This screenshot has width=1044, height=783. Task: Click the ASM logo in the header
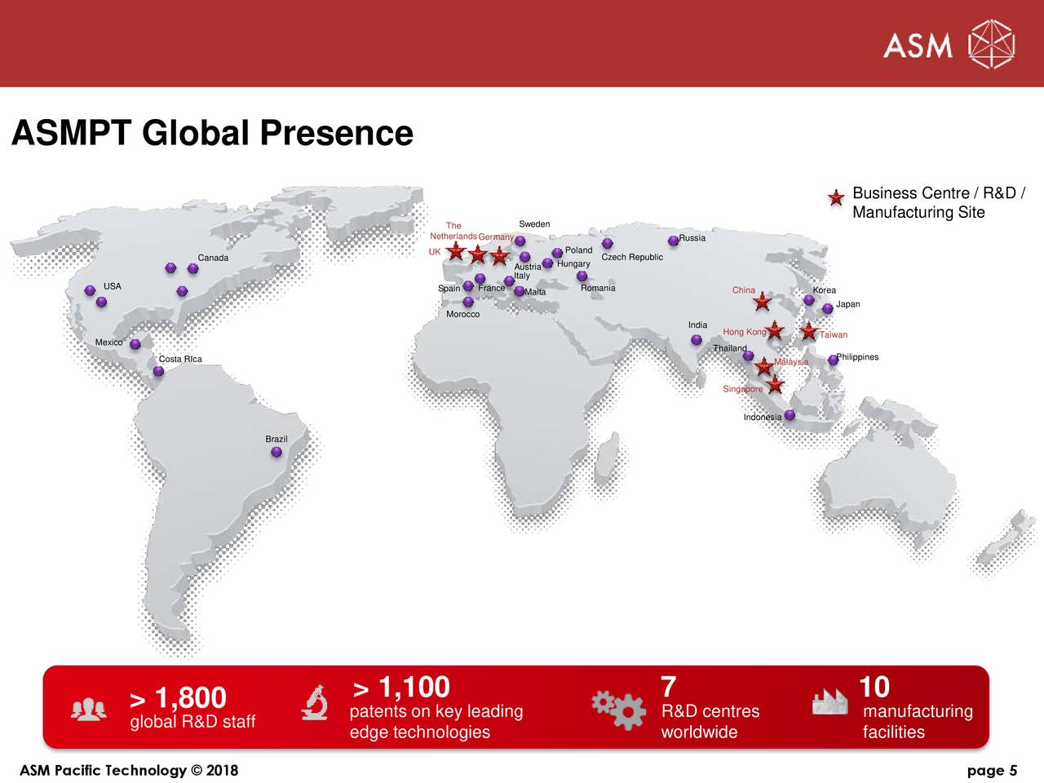tap(948, 44)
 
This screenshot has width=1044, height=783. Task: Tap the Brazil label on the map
tap(276, 440)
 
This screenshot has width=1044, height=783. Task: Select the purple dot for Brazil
tap(276, 452)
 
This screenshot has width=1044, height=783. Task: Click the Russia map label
tap(692, 238)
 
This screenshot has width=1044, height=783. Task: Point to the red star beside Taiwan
tap(808, 331)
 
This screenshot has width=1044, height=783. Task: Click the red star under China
tap(762, 303)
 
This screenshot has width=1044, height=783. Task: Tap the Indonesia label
tap(763, 418)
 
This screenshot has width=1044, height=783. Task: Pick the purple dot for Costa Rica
tap(158, 372)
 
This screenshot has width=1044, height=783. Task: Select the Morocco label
tap(462, 315)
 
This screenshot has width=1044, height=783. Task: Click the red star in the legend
tap(836, 198)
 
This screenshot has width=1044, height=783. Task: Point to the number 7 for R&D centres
tap(668, 687)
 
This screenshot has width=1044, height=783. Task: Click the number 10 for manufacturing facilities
tap(874, 687)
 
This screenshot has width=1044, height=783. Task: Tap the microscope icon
tap(315, 703)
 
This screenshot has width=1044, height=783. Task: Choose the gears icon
tap(618, 708)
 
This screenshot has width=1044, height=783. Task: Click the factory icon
tap(830, 701)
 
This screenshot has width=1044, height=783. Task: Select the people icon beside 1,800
tap(88, 710)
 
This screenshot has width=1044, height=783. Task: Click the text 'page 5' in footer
tap(992, 771)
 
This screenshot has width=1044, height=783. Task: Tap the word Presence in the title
tap(335, 133)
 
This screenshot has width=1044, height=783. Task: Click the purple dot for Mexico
tap(135, 344)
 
